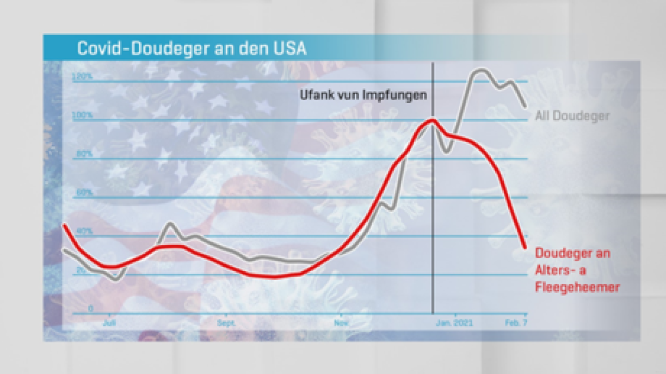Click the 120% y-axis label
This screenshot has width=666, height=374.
coord(82,77)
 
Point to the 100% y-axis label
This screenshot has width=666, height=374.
coord(82,115)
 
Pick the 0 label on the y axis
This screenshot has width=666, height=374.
coord(91,309)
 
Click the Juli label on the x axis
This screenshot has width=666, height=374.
coord(109,322)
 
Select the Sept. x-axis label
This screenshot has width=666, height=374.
coord(226,322)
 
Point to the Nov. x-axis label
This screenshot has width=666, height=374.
coord(341,322)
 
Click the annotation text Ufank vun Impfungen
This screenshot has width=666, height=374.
coord(363,95)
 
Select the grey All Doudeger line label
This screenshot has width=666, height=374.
coord(572,116)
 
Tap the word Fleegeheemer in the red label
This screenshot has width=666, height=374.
coord(577,287)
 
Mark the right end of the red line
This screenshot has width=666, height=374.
coord(525,248)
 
